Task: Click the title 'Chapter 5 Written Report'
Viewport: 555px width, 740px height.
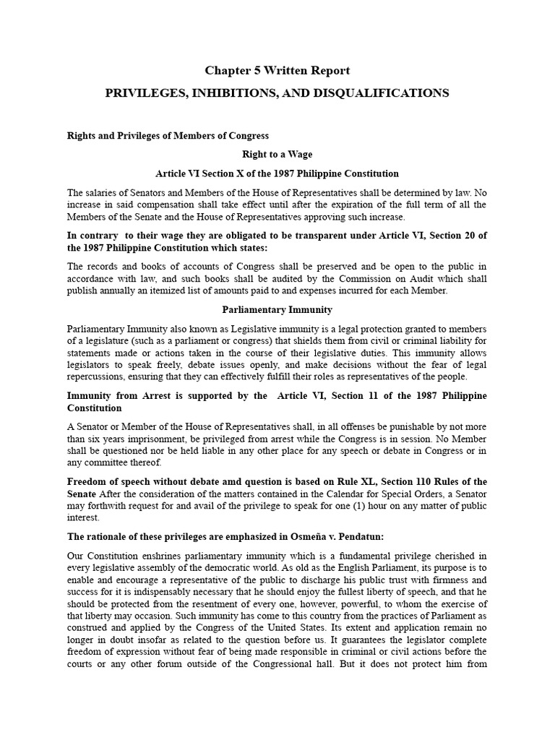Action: (277, 71)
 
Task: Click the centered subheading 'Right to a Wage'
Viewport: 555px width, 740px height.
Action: (277, 155)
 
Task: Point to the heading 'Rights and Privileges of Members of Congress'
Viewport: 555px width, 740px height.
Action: (168, 135)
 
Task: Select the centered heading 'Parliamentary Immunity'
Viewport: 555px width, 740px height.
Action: (277, 309)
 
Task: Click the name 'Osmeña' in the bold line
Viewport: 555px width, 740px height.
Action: (297, 536)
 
